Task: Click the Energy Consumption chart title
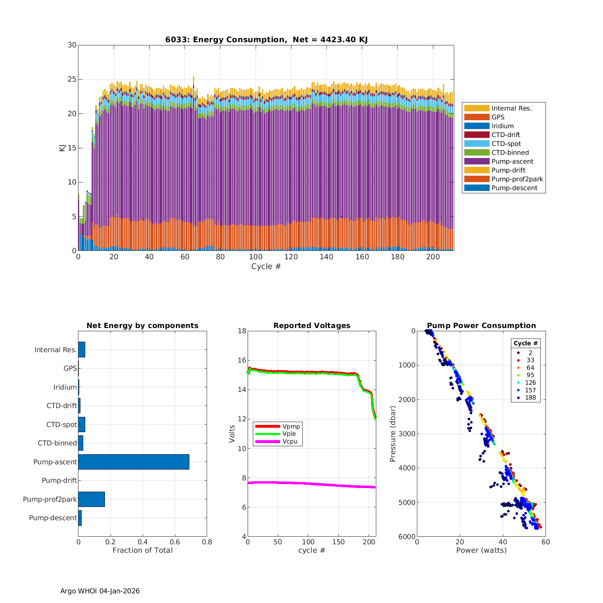(x=266, y=39)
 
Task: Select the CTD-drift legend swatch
(x=477, y=135)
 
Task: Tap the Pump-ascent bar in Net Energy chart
(x=133, y=462)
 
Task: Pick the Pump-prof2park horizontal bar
(x=91, y=499)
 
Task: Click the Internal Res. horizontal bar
(x=82, y=350)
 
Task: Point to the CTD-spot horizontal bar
(x=82, y=425)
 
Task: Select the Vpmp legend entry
(x=291, y=426)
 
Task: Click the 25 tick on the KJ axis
(x=72, y=79)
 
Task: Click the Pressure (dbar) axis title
(x=393, y=434)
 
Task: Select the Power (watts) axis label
(x=481, y=550)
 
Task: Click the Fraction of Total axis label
(x=142, y=550)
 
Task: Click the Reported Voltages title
(x=312, y=326)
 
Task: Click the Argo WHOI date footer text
(x=100, y=591)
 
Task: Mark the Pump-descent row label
(x=53, y=518)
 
